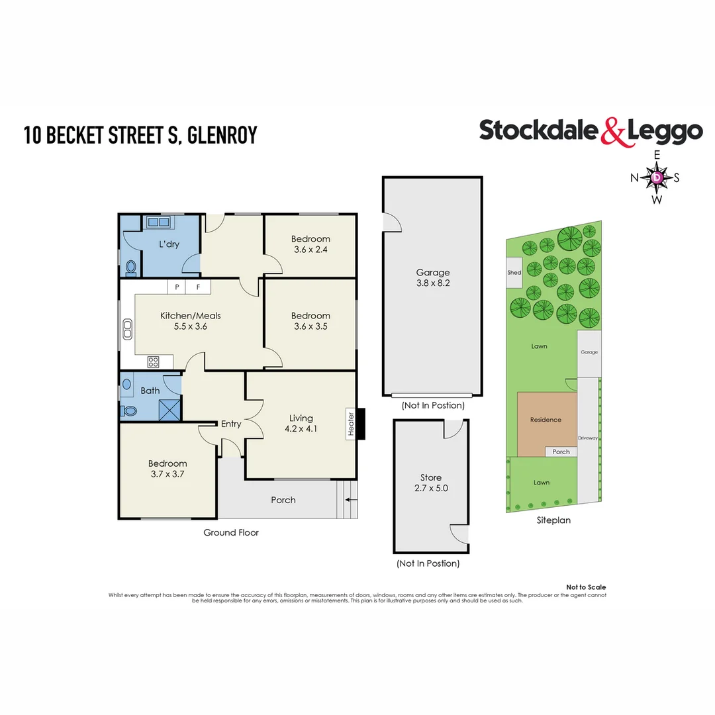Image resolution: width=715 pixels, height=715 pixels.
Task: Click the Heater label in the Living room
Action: tap(351, 424)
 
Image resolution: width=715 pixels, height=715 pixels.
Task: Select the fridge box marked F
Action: tap(198, 287)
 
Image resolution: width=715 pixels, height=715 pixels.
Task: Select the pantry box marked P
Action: tap(177, 287)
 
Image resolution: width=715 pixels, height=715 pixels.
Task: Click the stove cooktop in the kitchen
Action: tap(153, 361)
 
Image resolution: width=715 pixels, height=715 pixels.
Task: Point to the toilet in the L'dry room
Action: tap(130, 267)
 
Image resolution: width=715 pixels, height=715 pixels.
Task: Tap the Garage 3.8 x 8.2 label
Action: tap(432, 277)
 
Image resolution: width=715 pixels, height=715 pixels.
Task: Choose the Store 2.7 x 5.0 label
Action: tap(431, 483)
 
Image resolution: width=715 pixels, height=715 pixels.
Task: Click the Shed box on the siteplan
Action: tap(514, 273)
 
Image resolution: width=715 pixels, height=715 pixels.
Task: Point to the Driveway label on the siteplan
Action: tap(587, 438)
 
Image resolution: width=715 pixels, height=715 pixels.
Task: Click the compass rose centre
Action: tap(656, 177)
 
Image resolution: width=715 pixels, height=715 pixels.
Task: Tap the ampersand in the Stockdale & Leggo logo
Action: tap(613, 131)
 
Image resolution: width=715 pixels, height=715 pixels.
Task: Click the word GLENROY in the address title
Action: tap(222, 135)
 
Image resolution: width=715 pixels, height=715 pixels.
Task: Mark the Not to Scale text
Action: tap(585, 587)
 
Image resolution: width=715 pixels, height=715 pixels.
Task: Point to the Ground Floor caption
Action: tap(230, 532)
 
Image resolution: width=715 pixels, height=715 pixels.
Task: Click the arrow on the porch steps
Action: tap(352, 500)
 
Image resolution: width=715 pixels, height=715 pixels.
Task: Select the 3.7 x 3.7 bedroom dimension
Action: tap(167, 474)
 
